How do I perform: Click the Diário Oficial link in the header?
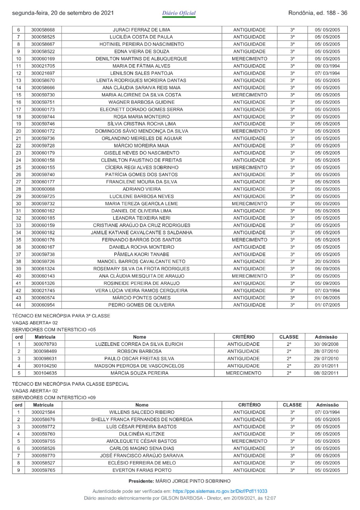(179, 13)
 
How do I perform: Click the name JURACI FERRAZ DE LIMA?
(142, 30)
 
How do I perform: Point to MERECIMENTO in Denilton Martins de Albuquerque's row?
(249, 59)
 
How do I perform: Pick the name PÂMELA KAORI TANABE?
(142, 254)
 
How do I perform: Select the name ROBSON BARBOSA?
(139, 351)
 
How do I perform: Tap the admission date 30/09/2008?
(326, 344)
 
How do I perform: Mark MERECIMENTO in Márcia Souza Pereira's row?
(243, 373)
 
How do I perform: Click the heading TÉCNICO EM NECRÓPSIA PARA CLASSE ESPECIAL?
(70, 384)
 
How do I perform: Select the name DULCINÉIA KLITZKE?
(142, 434)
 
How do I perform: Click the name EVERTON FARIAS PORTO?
(142, 470)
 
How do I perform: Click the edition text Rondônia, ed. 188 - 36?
(317, 13)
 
